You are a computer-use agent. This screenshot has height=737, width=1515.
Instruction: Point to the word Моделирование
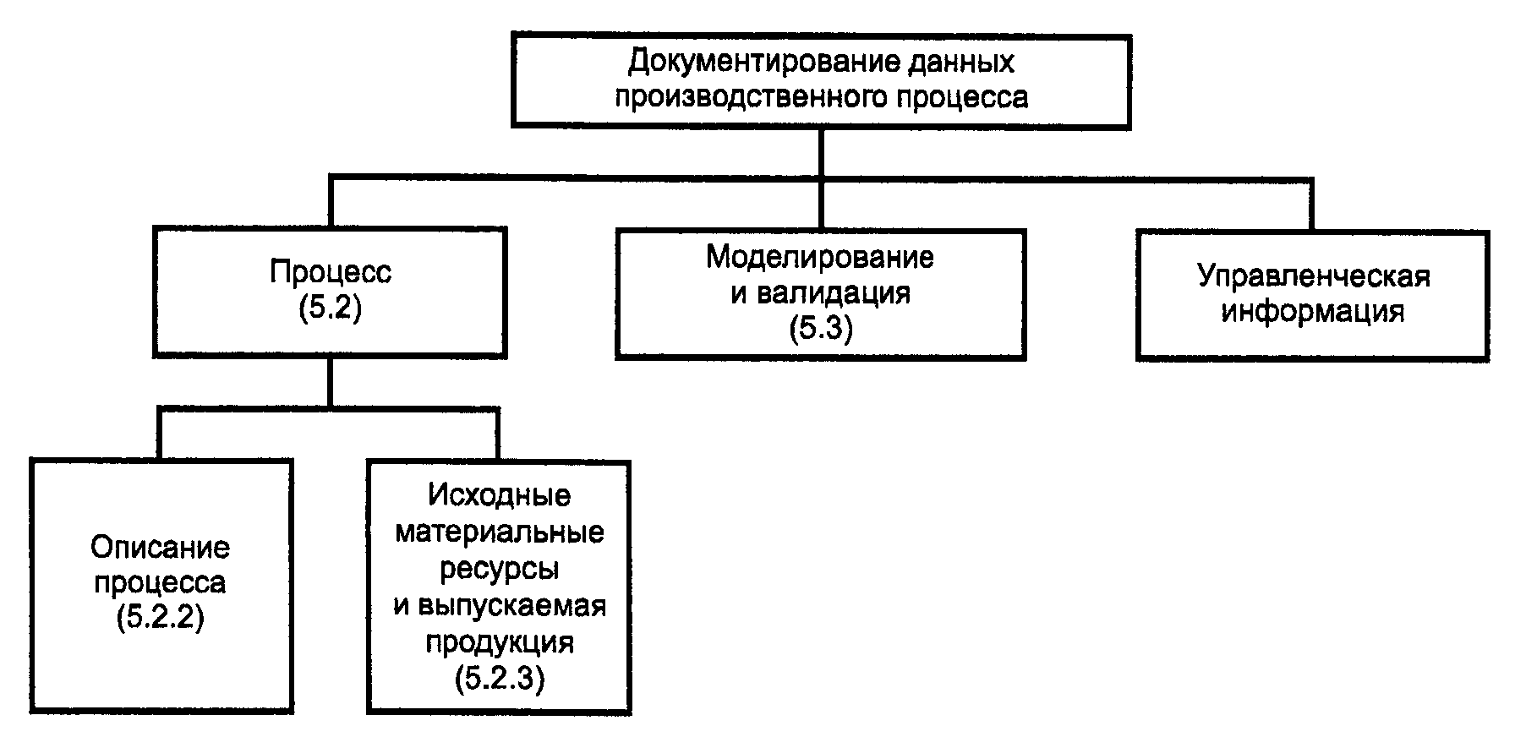[820, 257]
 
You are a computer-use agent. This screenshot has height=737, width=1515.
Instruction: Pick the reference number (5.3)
[820, 328]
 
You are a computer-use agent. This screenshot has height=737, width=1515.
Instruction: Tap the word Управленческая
[1313, 276]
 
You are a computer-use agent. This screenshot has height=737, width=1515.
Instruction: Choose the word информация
[1313, 311]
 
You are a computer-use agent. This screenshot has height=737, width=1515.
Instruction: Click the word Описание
[161, 548]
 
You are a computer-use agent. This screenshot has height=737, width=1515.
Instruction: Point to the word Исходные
[499, 495]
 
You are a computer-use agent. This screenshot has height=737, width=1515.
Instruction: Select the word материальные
[499, 532]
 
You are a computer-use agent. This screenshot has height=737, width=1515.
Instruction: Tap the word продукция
[499, 641]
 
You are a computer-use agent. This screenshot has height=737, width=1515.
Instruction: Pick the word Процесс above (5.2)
[331, 273]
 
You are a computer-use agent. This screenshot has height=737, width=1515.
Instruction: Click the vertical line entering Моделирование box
[820, 203]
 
